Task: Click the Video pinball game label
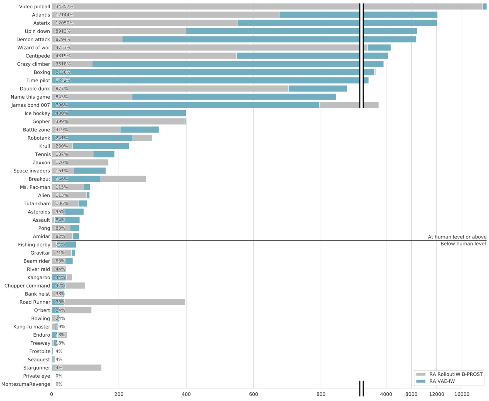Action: pos(35,6)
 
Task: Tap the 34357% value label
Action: pos(64,6)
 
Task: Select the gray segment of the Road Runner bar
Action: pos(125,302)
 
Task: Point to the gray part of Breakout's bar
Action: pos(123,179)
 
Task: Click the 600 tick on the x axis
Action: pos(254,394)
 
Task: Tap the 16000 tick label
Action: pos(462,394)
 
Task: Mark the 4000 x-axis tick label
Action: pos(386,394)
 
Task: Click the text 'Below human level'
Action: pos(463,244)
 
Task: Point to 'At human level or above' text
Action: pos(457,237)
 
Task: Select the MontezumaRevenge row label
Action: pos(26,384)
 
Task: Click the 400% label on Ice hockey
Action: pos(62,113)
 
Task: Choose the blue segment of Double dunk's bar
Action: pos(318,89)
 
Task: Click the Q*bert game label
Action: pos(42,310)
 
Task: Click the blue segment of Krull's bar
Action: pos(100,146)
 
